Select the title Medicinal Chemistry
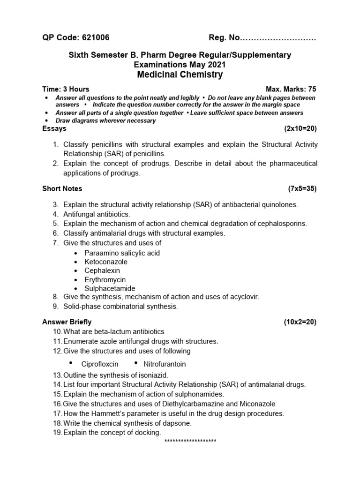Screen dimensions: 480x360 pos(180,75)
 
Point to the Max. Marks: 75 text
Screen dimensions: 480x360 pos(291,89)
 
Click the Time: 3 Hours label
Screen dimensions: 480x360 pos(66,89)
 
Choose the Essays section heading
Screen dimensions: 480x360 pos(54,128)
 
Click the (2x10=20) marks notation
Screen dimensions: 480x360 pos(300,128)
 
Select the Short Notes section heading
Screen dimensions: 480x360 pos(62,188)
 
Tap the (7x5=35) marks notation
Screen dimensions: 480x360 pos(302,188)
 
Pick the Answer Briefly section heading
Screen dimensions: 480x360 pos(67,322)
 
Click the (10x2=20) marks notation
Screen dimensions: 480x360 pos(300,322)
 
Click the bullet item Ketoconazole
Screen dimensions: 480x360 pos(106,262)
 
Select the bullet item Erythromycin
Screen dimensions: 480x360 pos(105,279)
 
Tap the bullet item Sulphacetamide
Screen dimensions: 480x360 pos(110,288)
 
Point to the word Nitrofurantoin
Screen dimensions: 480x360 pos(165,364)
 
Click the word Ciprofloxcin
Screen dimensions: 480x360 pos(100,364)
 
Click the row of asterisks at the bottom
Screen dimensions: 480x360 pos(190,442)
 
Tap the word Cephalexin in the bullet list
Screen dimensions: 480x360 pos(102,270)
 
